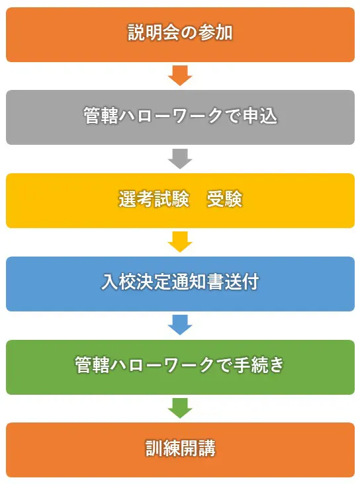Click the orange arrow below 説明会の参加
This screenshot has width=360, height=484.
coord(180,75)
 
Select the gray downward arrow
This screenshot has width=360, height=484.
coord(180,159)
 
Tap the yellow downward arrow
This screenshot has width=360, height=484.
coord(180,242)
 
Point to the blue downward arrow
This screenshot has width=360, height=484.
coord(180,325)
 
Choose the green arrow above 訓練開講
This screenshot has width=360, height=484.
coord(180,409)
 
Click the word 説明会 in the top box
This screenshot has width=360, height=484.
coord(154,32)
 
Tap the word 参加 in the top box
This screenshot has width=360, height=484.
coord(215,32)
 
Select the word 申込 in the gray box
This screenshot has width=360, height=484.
coord(260,116)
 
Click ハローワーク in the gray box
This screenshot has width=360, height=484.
coord(171,116)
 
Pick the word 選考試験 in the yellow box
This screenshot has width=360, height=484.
coord(154,199)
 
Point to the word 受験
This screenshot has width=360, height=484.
coord(224,199)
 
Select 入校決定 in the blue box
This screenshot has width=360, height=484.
coord(136,282)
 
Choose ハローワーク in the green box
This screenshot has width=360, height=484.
coord(163,365)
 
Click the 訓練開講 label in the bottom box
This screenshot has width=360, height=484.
coord(181,448)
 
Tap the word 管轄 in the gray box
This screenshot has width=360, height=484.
coord(101,116)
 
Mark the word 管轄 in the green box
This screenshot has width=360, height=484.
coord(92,365)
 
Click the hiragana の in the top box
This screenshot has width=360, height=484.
coord(189,32)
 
